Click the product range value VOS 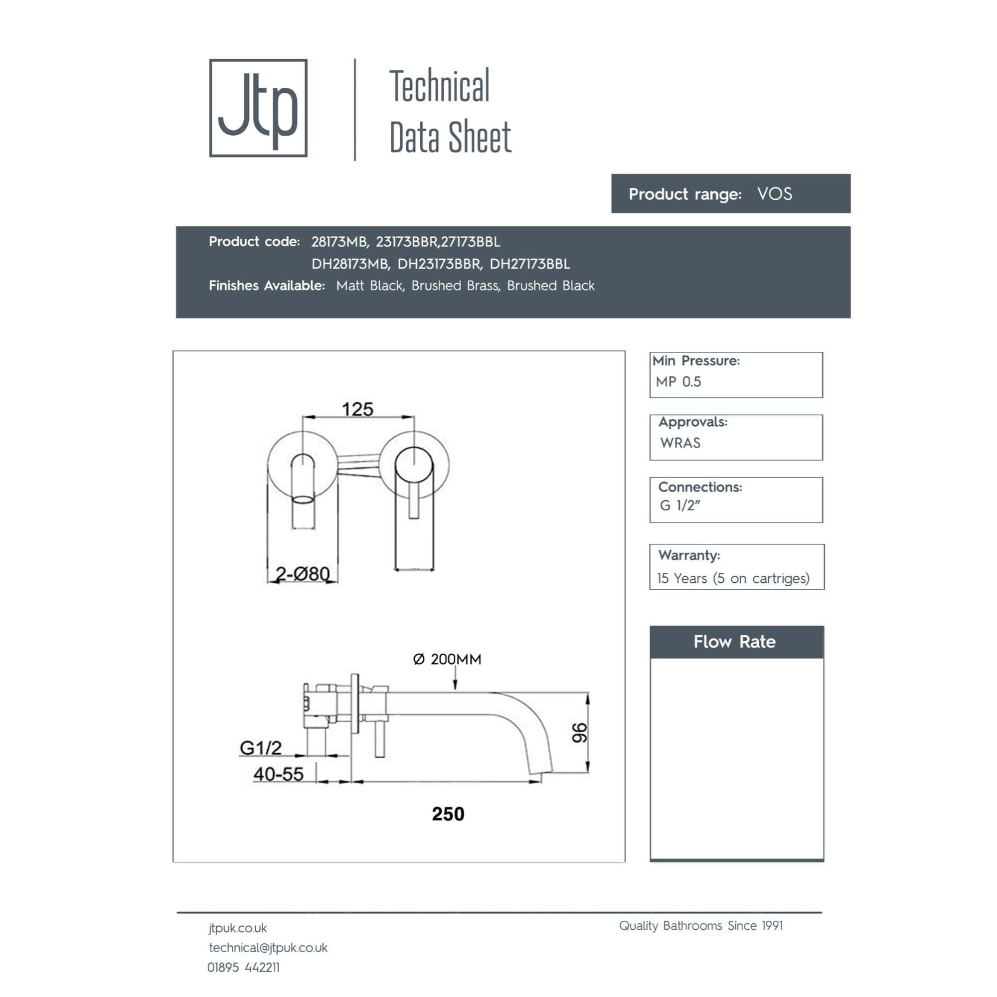click(774, 194)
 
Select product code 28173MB click(339, 242)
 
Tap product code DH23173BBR click(440, 264)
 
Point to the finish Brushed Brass click(456, 286)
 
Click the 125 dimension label click(357, 409)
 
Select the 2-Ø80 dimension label click(303, 574)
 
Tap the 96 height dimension click(580, 733)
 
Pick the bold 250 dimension click(448, 814)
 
